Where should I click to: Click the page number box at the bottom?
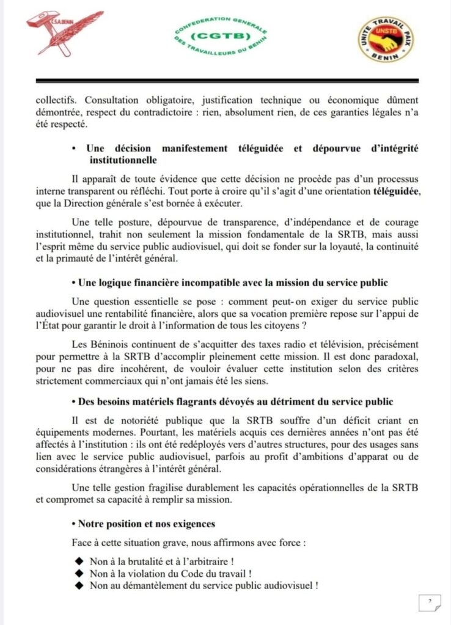(430, 602)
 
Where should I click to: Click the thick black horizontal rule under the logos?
(227, 81)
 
